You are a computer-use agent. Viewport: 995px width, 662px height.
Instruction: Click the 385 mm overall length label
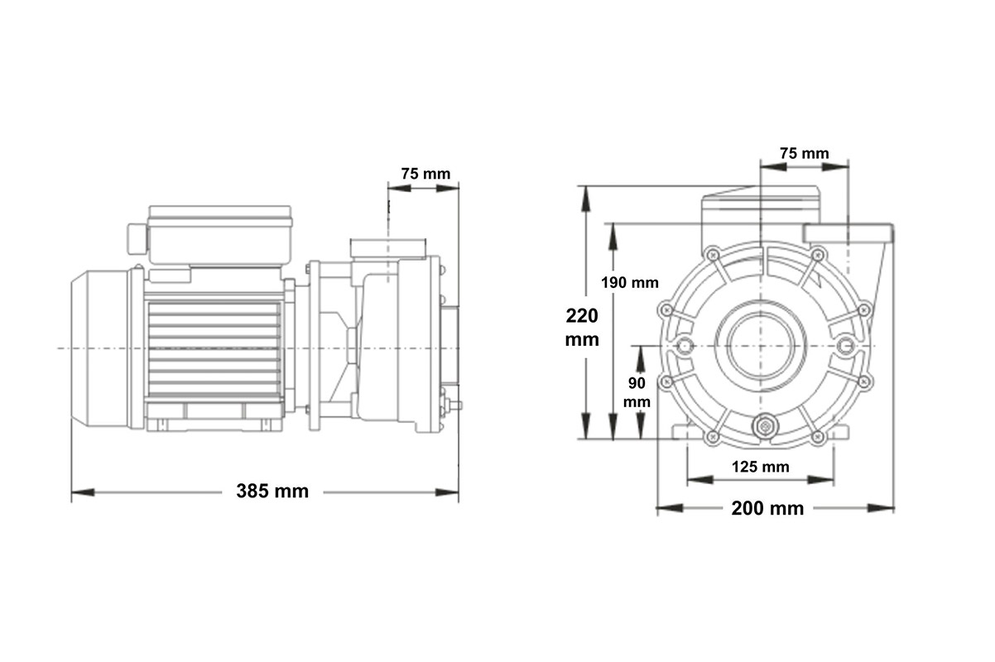272,492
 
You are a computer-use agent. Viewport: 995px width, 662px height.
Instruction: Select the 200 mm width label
767,508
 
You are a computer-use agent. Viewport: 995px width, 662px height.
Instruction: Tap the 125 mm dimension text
761,467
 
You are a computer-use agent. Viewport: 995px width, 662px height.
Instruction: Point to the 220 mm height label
582,327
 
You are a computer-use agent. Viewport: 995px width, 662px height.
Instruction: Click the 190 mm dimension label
630,282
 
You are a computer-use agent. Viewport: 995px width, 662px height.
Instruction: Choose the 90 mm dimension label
637,392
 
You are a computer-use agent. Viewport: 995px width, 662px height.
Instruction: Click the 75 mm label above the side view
425,174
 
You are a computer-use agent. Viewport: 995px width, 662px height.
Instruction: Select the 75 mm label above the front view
804,153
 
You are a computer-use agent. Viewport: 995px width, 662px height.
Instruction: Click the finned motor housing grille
214,348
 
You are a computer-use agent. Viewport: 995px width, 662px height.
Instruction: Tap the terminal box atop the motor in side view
219,233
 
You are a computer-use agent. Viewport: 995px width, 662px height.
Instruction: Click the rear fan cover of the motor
99,348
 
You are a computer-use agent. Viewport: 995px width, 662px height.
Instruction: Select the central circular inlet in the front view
761,346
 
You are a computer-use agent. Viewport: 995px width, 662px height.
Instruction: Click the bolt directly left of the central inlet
684,346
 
